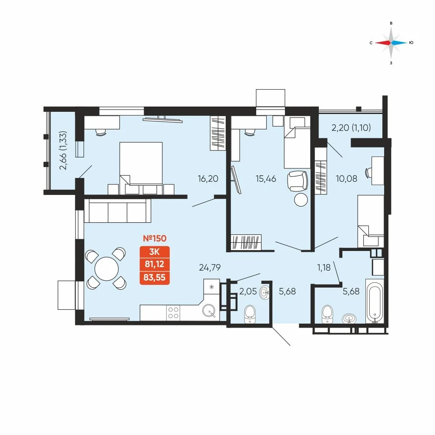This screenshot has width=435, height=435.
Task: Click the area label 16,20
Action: (208, 179)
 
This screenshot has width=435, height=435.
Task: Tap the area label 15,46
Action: (266, 179)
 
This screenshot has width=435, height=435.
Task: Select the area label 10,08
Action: (347, 179)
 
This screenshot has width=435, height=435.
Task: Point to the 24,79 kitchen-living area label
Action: (210, 268)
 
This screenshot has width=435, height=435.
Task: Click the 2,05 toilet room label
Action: (248, 291)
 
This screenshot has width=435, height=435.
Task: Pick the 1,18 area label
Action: (324, 268)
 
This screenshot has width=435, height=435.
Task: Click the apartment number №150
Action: (154, 238)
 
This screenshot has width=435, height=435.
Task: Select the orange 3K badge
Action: (154, 251)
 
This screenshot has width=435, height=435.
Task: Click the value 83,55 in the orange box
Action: (154, 277)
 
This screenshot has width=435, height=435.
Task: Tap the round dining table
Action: (107, 269)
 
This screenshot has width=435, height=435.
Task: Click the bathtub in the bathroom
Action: (375, 301)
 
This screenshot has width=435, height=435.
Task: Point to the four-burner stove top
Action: (173, 313)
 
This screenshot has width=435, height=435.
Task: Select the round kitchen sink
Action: (209, 311)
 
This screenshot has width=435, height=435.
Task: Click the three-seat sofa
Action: (117, 211)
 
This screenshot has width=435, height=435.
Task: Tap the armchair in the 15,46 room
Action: (298, 181)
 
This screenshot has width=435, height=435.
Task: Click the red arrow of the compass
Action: (383, 43)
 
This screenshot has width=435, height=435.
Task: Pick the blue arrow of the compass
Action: (399, 43)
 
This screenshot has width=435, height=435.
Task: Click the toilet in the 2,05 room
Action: (250, 315)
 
